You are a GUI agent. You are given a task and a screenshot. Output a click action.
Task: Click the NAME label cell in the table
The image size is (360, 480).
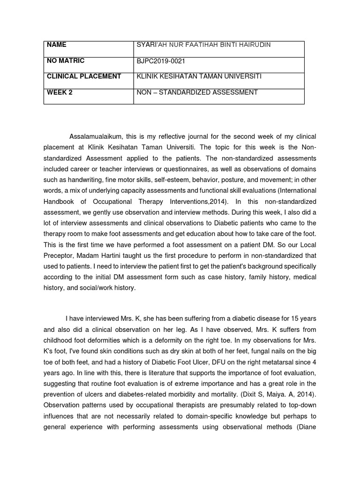tap(56, 45)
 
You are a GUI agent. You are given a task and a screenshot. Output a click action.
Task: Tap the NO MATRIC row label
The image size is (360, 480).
tap(66, 61)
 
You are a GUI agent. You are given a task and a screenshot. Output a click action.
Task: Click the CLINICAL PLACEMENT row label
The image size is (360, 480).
tap(84, 76)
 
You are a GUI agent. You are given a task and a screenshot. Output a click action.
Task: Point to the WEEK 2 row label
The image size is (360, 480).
tap(60, 92)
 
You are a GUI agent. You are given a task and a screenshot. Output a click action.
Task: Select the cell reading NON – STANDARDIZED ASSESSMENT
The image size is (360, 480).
tap(197, 92)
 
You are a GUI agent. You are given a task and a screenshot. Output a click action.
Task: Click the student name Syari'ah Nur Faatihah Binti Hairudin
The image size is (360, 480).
tap(203, 45)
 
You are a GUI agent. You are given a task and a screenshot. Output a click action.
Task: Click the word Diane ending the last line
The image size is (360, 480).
tap(307, 427)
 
